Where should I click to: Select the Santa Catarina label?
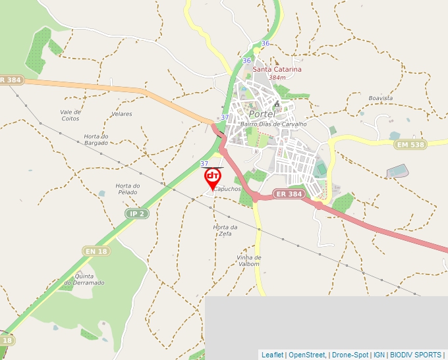tap(277, 69)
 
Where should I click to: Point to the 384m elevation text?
tap(277, 78)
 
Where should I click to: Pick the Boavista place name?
tap(381, 98)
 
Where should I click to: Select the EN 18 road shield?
tap(96, 251)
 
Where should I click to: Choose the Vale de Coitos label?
tap(70, 115)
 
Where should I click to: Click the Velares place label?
tap(122, 114)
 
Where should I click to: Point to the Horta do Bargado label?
tap(96, 140)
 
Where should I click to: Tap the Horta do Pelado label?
tap(128, 189)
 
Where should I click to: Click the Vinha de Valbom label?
tap(249, 261)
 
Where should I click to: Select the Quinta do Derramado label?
tap(90, 279)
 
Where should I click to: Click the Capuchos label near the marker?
tap(227, 189)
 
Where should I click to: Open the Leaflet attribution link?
tap(272, 355)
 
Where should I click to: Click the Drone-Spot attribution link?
tap(350, 355)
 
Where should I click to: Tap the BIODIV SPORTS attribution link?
tap(416, 355)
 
